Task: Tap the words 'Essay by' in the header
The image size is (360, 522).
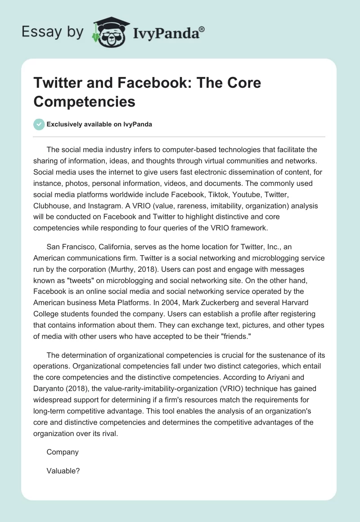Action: tap(52, 31)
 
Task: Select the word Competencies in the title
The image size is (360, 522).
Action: tap(84, 101)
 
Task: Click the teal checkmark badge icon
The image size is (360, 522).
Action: tap(39, 124)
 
